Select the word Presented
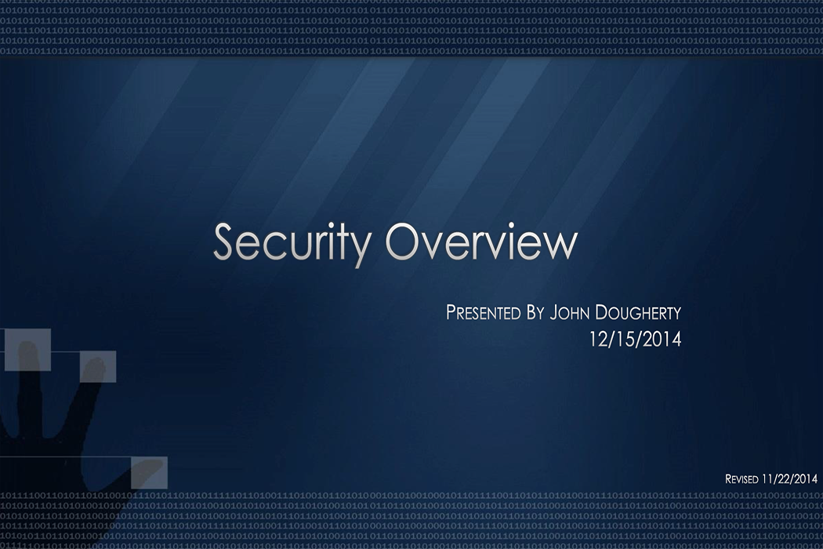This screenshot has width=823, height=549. pyautogui.click(x=483, y=312)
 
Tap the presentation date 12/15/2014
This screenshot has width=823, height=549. pyautogui.click(x=635, y=340)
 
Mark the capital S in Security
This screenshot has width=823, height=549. pyautogui.click(x=225, y=242)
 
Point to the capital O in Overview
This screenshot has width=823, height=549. pyautogui.click(x=408, y=242)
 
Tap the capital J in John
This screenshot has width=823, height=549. pyautogui.click(x=554, y=312)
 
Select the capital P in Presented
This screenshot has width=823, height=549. pyautogui.click(x=451, y=312)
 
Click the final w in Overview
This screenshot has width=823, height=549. pyautogui.click(x=560, y=244)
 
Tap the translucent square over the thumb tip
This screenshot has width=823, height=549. pyautogui.click(x=148, y=472)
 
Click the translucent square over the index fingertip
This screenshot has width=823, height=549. pyautogui.click(x=97, y=366)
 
